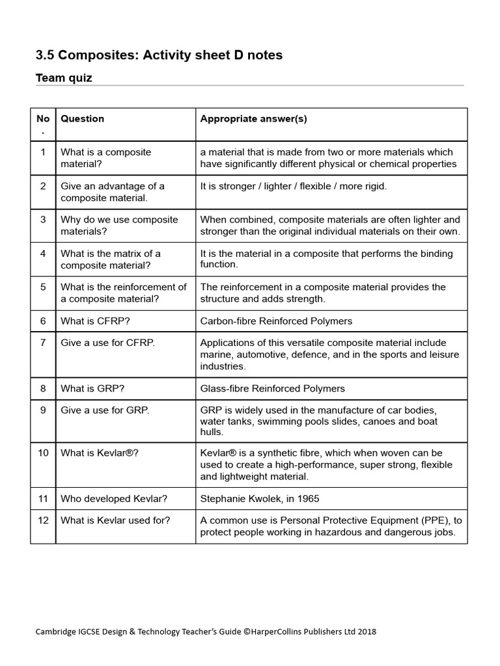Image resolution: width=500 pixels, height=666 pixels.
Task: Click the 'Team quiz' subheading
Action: point(63,78)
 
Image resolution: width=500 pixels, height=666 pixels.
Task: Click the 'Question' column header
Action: point(82,119)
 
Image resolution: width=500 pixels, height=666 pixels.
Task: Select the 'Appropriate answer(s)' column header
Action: point(253,119)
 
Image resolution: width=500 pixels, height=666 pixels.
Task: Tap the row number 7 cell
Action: point(43,343)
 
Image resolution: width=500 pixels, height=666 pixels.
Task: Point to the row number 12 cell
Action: point(43,520)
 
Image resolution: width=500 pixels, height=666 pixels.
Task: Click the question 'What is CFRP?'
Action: point(93,321)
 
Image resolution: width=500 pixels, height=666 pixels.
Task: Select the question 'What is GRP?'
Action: point(92,388)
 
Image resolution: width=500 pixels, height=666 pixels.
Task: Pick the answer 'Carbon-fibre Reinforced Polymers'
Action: point(276,321)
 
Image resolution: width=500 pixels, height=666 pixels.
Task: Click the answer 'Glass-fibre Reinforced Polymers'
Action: point(272,388)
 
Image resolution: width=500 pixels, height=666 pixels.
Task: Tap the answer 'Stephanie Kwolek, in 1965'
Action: point(260,499)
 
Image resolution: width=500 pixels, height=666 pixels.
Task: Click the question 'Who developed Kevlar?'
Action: point(114,499)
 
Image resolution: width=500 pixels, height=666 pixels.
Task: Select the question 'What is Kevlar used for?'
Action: point(116,520)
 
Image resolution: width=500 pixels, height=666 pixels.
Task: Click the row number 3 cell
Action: point(43,220)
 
